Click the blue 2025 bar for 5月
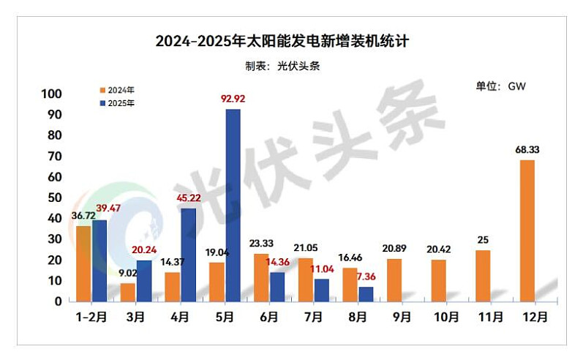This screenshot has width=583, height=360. coord(233,205)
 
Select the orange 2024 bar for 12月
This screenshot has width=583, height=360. coord(527,230)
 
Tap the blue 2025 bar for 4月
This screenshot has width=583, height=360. coord(188,255)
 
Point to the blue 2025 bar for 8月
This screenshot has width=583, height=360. coord(366,293)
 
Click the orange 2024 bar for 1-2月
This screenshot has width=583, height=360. coord(83,263)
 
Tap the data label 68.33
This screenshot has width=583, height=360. coord(527,150)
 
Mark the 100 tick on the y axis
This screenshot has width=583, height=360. coord(52,94)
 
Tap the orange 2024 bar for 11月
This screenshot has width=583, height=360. coord(483,276)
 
